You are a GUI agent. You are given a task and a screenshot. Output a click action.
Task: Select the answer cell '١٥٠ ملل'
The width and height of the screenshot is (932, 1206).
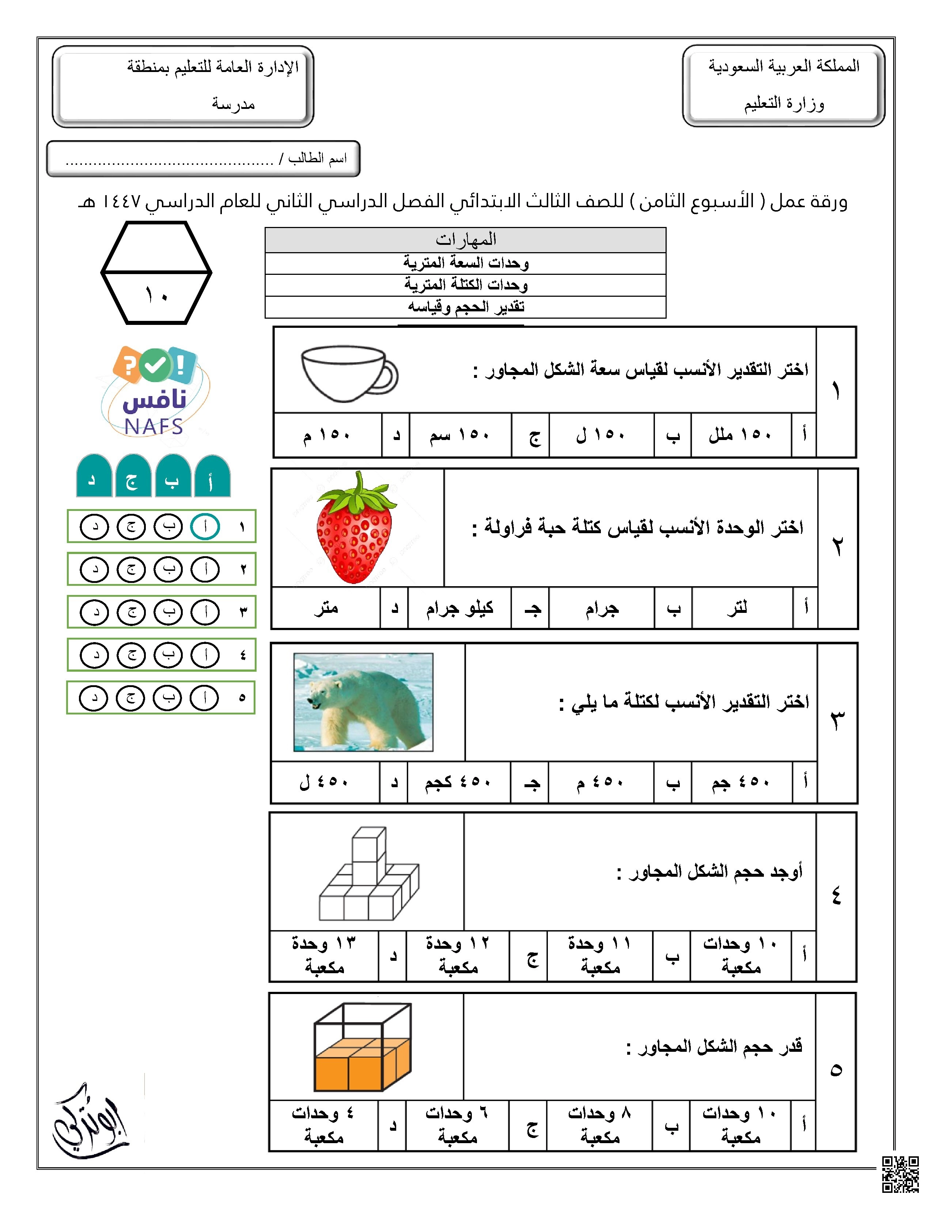point(740,436)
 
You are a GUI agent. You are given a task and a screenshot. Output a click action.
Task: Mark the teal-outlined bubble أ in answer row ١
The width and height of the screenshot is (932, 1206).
point(205,527)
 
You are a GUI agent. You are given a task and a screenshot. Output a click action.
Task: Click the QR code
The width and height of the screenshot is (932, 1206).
point(900,1174)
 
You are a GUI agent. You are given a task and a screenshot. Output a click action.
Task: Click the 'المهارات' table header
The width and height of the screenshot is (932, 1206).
point(465,240)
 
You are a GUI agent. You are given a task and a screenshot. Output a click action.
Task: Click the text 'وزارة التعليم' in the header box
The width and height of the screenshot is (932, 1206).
point(784,104)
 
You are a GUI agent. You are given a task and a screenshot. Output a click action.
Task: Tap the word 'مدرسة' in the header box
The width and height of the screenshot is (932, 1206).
point(233,104)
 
